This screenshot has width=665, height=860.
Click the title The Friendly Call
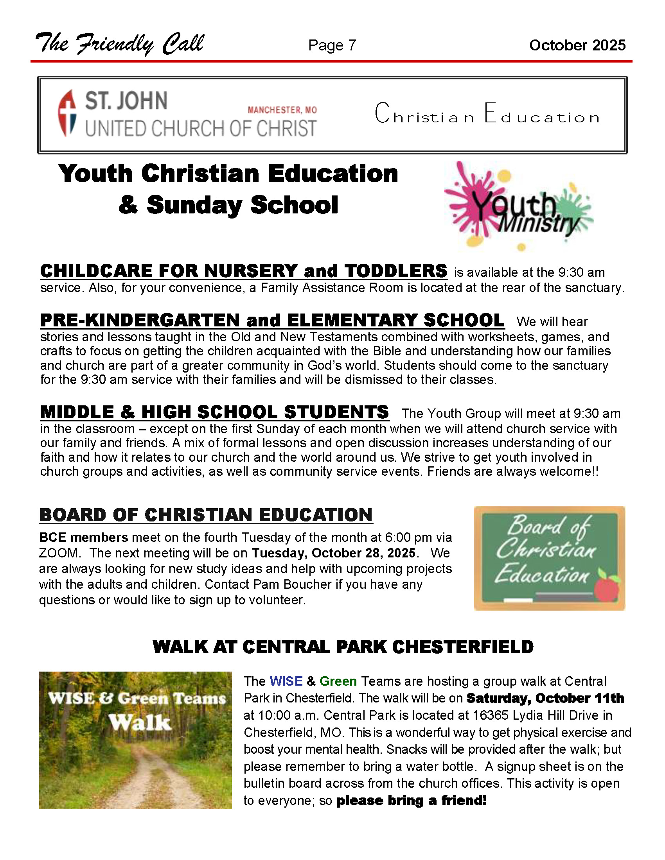click(x=120, y=44)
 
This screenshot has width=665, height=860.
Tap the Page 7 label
click(x=332, y=45)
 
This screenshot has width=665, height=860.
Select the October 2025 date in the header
click(x=577, y=45)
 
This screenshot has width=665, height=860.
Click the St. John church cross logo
click(x=67, y=113)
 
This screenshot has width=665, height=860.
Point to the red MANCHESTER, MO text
click(x=282, y=110)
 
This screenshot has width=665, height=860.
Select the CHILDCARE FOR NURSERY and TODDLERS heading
click(x=243, y=271)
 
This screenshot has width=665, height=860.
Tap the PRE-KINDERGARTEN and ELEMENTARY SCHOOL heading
click(x=272, y=320)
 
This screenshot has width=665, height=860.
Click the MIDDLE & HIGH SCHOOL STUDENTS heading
click(x=215, y=412)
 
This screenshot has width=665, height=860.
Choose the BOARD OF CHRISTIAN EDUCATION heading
click(x=206, y=515)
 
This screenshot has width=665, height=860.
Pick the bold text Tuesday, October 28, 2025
click(x=333, y=553)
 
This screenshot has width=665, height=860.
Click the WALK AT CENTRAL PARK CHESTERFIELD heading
click(x=343, y=647)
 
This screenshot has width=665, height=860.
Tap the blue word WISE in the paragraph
click(x=286, y=681)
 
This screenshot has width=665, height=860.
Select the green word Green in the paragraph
click(x=338, y=681)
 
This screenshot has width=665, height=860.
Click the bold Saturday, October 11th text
click(x=545, y=698)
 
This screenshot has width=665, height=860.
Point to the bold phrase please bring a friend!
click(x=412, y=801)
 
